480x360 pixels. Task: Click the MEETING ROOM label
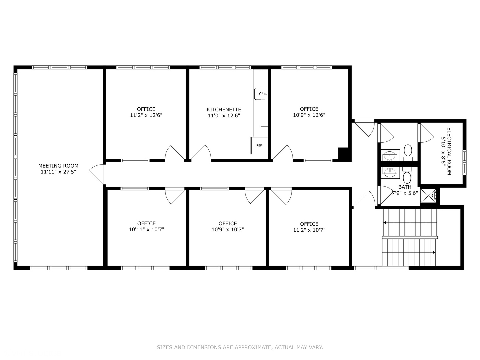coord(58,166)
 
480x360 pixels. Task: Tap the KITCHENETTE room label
coord(224,110)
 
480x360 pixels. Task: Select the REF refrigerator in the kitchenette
coord(259,145)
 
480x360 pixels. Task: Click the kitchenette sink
coord(260,94)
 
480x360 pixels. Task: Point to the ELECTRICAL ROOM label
coord(449,151)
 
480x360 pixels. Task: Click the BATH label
coord(405,187)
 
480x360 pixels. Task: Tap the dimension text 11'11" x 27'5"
coord(58,172)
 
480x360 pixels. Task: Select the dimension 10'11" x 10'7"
coord(147,230)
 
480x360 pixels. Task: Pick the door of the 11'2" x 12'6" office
coord(174,153)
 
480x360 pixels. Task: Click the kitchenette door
coord(201,153)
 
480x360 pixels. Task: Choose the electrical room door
coord(426,133)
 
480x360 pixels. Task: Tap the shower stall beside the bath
coord(429,196)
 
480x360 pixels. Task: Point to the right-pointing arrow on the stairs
coord(434,252)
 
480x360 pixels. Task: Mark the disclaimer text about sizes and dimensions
coord(240,347)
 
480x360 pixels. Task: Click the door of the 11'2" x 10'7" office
coord(281,196)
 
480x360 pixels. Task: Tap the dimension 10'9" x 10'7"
coord(228,230)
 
